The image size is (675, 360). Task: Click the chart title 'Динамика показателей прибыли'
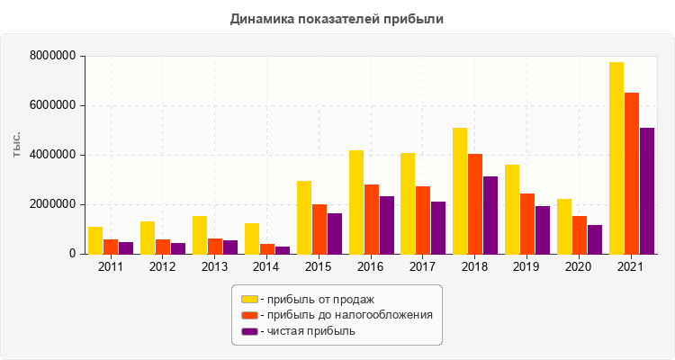tap(337, 18)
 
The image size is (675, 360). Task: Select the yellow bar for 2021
tap(616, 158)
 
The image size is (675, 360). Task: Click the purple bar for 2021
tap(647, 191)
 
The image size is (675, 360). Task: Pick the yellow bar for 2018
tap(460, 191)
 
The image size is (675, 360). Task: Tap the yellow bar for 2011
tap(95, 240)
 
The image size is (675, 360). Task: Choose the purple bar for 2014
tap(283, 250)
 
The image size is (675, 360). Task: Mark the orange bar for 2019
tap(527, 224)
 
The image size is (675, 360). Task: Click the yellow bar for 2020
tap(564, 227)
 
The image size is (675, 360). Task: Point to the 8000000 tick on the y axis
tap(52, 56)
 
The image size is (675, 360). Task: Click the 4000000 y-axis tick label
tap(52, 155)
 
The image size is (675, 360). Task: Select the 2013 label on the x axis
tap(214, 267)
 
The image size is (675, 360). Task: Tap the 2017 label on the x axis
tap(423, 267)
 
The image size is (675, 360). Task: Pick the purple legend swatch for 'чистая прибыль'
tap(249, 331)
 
